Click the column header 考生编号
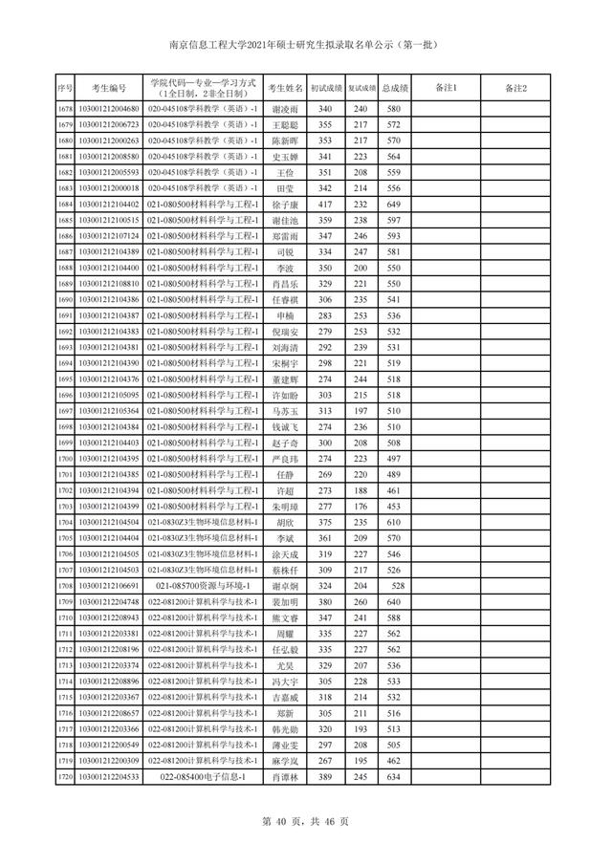pyautogui.click(x=102, y=89)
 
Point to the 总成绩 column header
pyautogui.click(x=395, y=89)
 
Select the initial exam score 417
pyautogui.click(x=325, y=205)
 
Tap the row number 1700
pyautogui.click(x=65, y=459)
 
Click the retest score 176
pyautogui.click(x=361, y=507)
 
